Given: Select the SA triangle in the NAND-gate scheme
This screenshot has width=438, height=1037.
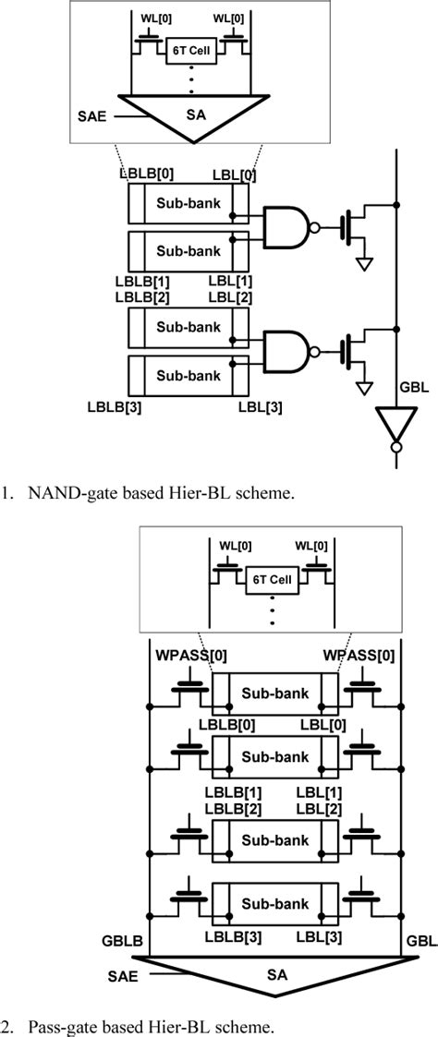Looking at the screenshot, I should pyautogui.click(x=195, y=115).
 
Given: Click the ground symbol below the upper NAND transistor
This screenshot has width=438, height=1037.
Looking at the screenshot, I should pyautogui.click(x=367, y=263).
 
